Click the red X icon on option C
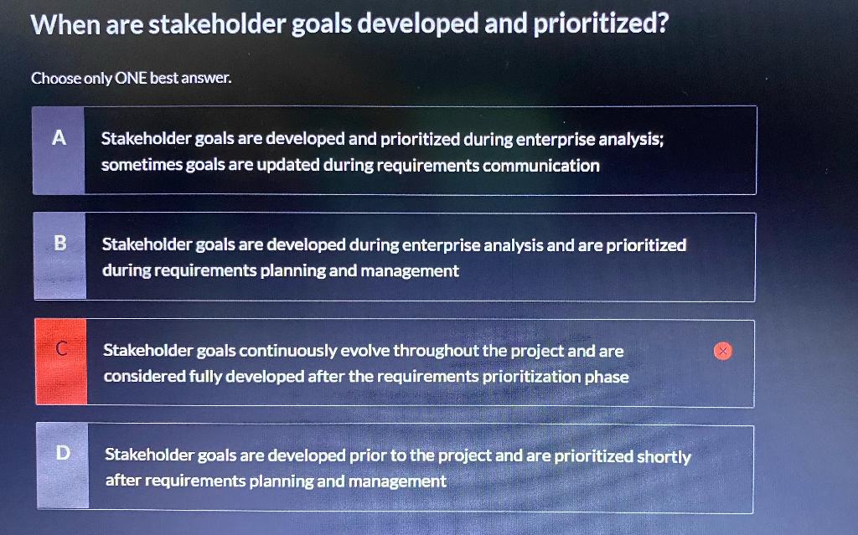(x=723, y=351)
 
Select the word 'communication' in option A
(x=540, y=166)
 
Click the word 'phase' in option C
(x=607, y=377)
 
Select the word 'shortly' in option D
(x=664, y=456)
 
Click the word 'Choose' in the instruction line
(x=56, y=79)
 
